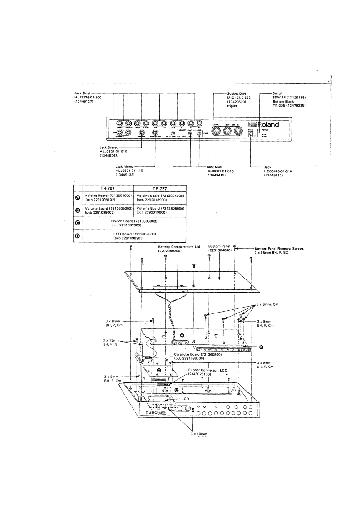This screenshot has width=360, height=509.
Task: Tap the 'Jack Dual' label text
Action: (x=76, y=93)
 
